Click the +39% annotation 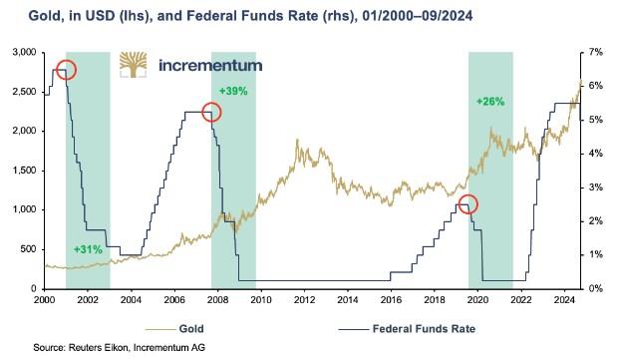pos(233,91)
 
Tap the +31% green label pos(88,249)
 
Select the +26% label pos(490,102)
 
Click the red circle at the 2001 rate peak pos(66,60)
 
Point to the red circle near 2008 pos(211,103)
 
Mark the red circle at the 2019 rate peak pos(467,194)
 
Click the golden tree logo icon pos(134,65)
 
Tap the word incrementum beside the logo pos(210,66)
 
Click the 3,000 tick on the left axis pos(25,52)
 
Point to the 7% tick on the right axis pos(596,52)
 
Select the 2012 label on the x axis pos(304,300)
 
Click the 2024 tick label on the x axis pos(564,300)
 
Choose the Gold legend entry pos(174,328)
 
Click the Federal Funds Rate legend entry pos(407,328)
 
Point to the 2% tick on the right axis pos(596,221)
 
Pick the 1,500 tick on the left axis pos(25,171)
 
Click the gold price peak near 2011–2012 pos(297,140)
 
